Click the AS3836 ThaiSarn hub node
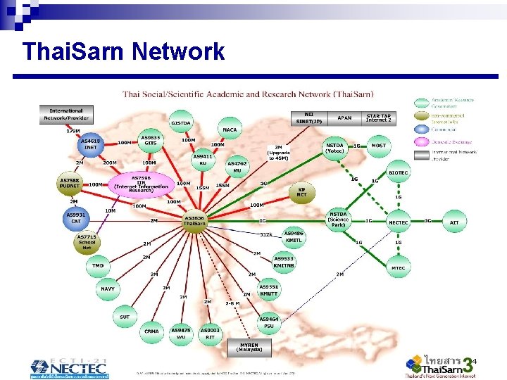[x=194, y=221]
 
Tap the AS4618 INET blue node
[x=90, y=144]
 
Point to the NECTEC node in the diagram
[x=399, y=222]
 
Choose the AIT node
[x=454, y=222]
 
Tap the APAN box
[x=344, y=118]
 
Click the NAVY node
[x=107, y=289]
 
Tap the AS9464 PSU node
[x=269, y=322]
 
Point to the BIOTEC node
[x=399, y=172]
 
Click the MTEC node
[x=399, y=267]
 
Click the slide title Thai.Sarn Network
[x=123, y=51]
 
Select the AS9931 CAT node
[x=75, y=217]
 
